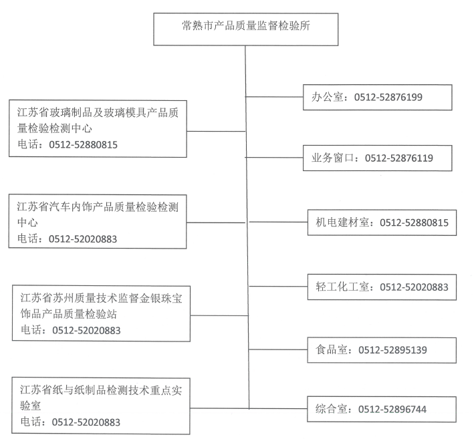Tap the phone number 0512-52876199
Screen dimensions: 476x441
click(x=388, y=97)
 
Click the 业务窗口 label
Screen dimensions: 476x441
click(x=332, y=158)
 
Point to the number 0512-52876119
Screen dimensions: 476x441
click(x=399, y=158)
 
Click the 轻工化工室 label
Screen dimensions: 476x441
click(x=342, y=287)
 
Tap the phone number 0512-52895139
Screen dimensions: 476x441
click(x=392, y=350)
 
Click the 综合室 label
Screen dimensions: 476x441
click(x=331, y=409)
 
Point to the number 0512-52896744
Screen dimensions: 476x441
click(x=392, y=409)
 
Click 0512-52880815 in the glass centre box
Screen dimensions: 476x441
click(x=83, y=145)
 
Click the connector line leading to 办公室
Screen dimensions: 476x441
click(x=274, y=97)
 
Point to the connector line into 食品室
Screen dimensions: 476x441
click(x=278, y=349)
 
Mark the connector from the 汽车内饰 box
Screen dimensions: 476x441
click(x=216, y=223)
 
